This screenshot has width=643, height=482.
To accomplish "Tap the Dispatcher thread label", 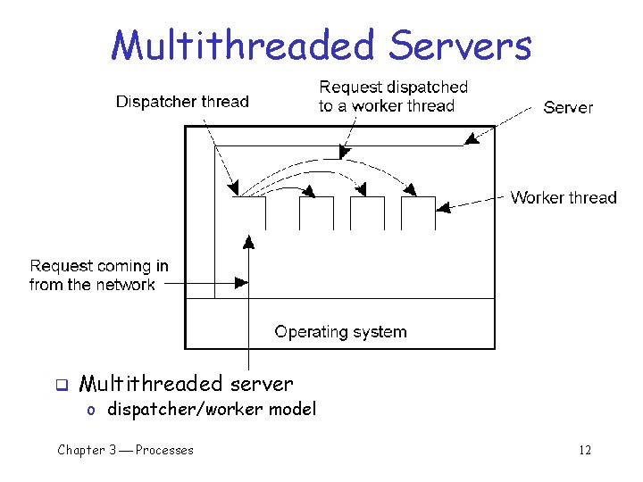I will click(182, 102).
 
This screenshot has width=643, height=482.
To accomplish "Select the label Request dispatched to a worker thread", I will click(393, 96).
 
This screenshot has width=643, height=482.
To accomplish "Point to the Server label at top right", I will click(568, 107).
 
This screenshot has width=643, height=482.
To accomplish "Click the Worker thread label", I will click(564, 197).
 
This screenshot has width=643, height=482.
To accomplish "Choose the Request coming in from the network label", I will click(98, 275).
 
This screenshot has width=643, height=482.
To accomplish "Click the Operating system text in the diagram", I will click(340, 332).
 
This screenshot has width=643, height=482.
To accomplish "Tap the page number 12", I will click(585, 450).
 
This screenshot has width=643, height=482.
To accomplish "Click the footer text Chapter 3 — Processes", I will click(125, 450).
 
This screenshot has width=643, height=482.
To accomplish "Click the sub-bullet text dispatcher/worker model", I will click(212, 409).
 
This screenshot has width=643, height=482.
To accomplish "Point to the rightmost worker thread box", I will click(418, 213).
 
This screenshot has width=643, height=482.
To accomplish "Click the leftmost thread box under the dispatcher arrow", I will click(249, 213).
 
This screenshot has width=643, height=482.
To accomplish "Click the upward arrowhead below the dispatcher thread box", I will click(248, 241).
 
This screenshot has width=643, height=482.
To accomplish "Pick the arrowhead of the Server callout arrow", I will click(470, 139).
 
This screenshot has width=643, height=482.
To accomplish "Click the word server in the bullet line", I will click(260, 384).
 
